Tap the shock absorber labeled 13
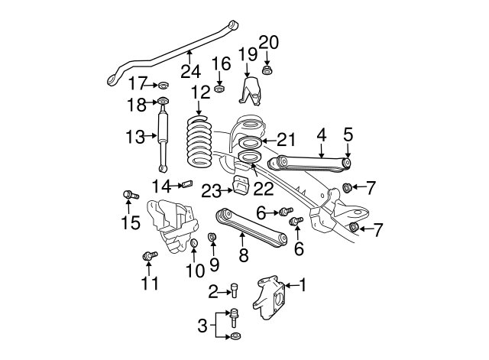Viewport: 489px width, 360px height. pos(163,138)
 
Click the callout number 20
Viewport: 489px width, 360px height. pos(268,41)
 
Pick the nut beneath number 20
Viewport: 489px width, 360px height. pos(268,71)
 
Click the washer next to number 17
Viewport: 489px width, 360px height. pos(162,84)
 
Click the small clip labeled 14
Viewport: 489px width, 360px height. pos(183,184)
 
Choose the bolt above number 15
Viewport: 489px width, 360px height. pos(128,196)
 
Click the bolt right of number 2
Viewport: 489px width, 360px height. pos(234,290)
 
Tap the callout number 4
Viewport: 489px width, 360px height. pos(322,135)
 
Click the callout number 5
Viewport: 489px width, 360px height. pos(348,135)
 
